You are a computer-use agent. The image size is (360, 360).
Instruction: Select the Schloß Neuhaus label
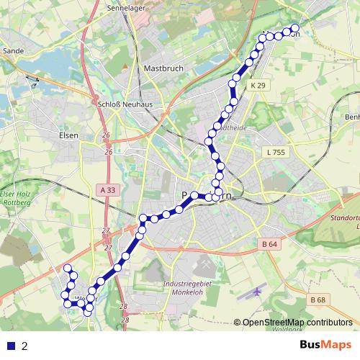(117, 103)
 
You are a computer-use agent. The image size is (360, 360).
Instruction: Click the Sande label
(14, 51)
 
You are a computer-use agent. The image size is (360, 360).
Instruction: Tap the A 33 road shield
(107, 189)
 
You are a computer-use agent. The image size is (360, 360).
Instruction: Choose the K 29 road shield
(258, 85)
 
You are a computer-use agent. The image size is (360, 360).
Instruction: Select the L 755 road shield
(274, 152)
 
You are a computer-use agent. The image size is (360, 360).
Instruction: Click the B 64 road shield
(270, 244)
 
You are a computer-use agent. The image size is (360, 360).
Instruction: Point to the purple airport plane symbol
(258, 292)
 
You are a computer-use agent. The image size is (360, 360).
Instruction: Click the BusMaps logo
(325, 346)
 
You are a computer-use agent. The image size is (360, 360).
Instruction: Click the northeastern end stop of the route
(294, 30)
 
